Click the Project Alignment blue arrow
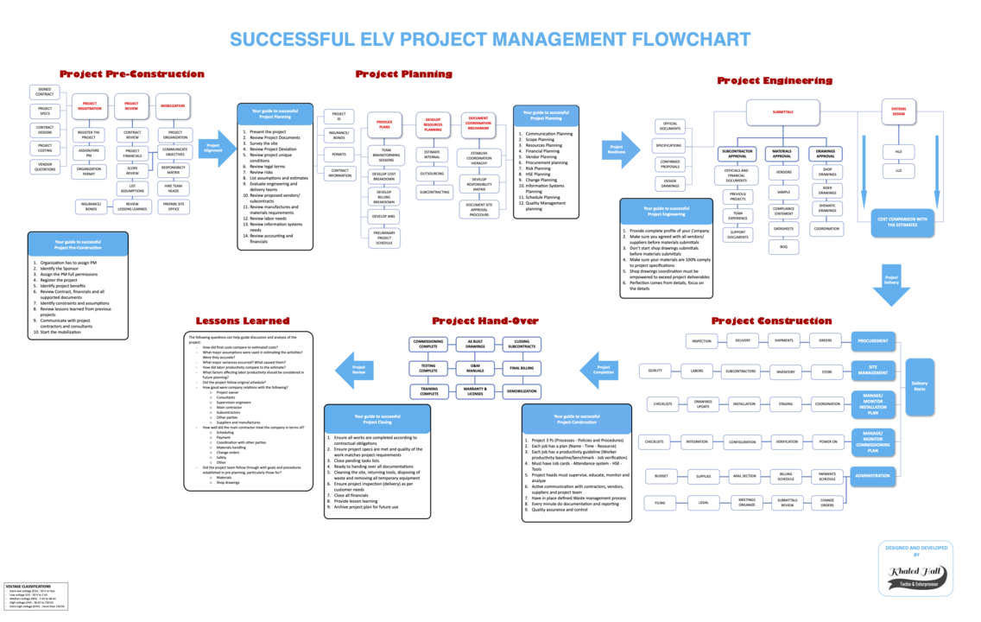tap(215, 149)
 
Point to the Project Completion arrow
tap(600, 371)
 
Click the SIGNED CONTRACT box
tap(45, 92)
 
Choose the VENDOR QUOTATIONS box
tap(45, 167)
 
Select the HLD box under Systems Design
tap(898, 152)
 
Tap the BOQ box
tap(783, 247)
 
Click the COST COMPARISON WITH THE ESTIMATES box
tap(902, 222)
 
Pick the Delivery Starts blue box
tap(920, 386)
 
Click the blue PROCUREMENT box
tap(872, 341)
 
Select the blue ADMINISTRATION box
tap(872, 476)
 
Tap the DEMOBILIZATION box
tap(522, 391)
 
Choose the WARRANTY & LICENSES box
tap(475, 391)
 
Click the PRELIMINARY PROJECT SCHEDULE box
tap(384, 238)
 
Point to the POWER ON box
tap(827, 441)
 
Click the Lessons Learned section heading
tap(243, 321)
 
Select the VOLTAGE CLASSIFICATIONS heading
tap(28, 586)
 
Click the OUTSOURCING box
tap(433, 174)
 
